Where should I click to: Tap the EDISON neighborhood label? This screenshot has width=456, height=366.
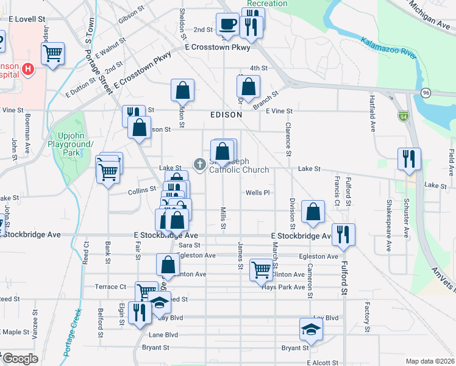coord(226,115)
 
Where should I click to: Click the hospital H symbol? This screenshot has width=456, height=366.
coord(27,70)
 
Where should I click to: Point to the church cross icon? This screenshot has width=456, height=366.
coord(199,164)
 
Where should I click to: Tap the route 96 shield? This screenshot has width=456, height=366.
coord(425,92)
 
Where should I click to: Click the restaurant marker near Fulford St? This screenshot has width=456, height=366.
coord(343,234)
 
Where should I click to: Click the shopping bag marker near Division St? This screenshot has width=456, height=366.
coord(313,212)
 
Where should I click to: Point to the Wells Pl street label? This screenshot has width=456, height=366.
coord(257,193)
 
